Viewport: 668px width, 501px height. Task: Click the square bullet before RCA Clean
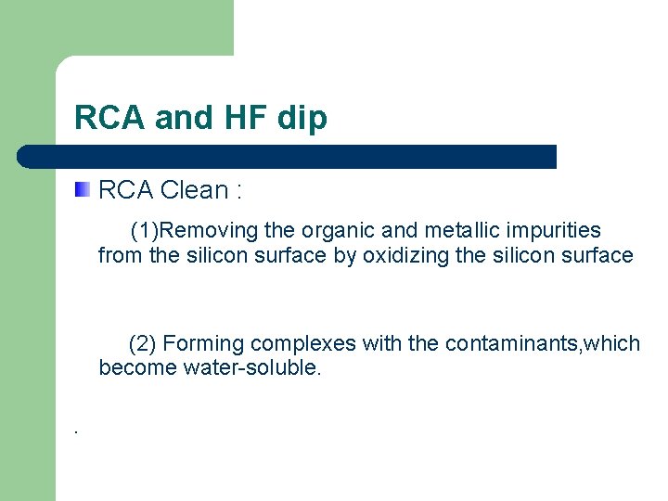tap(83, 190)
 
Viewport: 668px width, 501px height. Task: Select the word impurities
tap(551, 230)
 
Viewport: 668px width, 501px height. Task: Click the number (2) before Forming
tap(142, 343)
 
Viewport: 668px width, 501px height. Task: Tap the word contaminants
tap(511, 343)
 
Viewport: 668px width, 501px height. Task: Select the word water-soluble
tap(252, 367)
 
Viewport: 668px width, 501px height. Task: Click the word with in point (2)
tap(381, 343)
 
